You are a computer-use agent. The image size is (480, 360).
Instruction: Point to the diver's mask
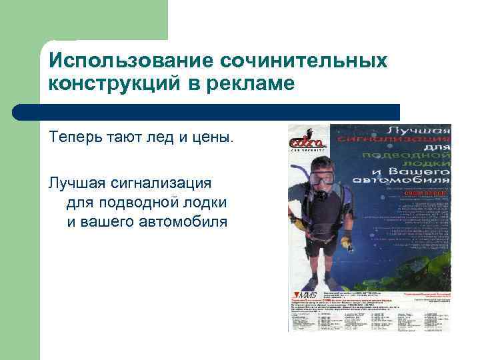point(323,179)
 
